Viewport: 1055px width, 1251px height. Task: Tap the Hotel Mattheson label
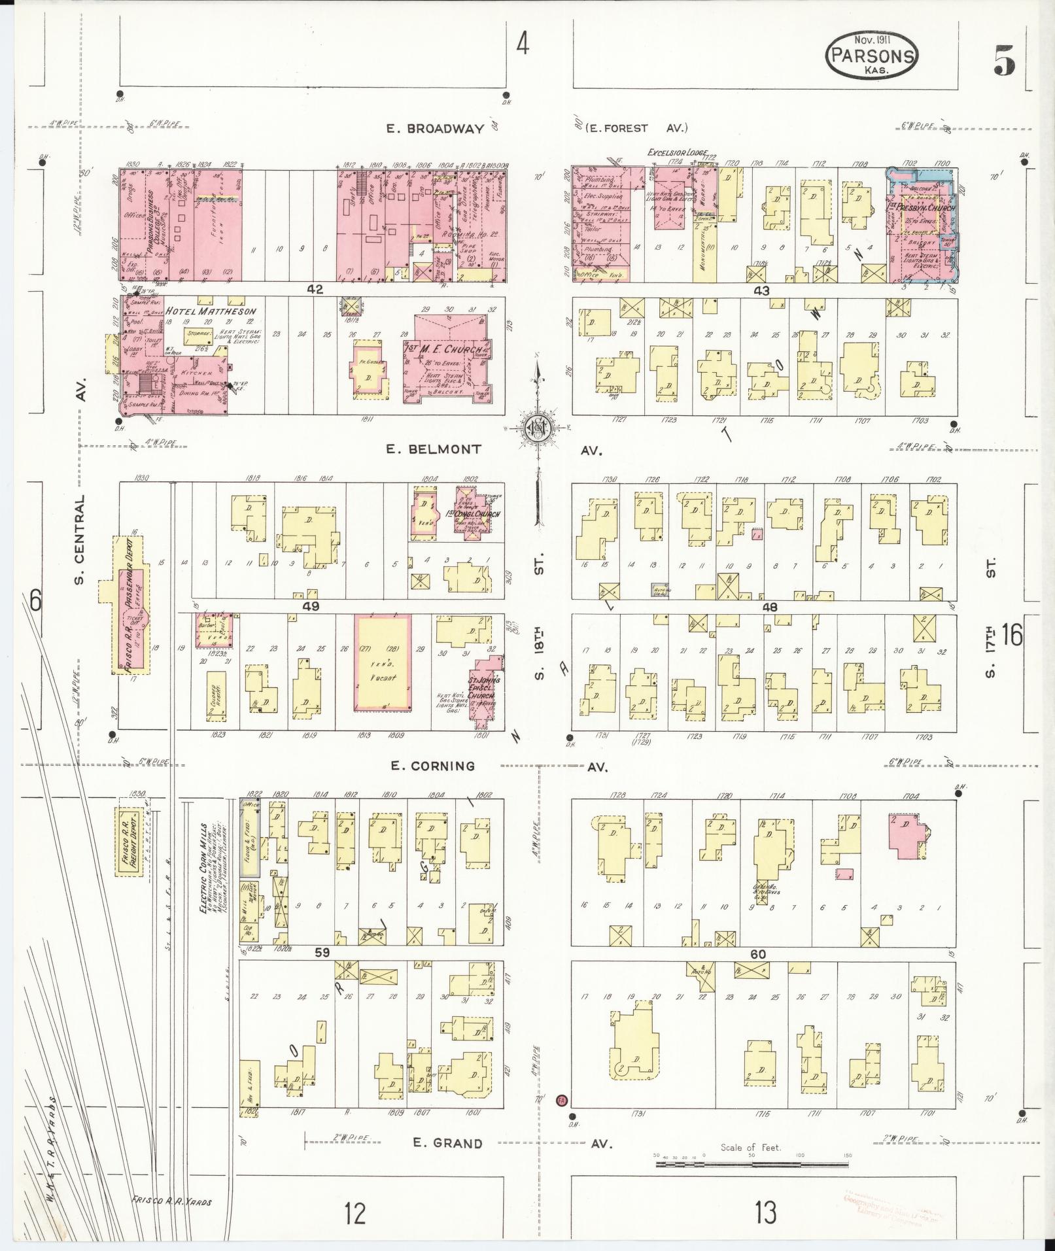(x=211, y=311)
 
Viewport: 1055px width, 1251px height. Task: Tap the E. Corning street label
(x=433, y=765)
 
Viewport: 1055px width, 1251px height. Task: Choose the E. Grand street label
(x=447, y=1143)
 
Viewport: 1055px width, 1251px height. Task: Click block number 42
(x=315, y=289)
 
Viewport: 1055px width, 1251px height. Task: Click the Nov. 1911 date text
(x=872, y=39)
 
